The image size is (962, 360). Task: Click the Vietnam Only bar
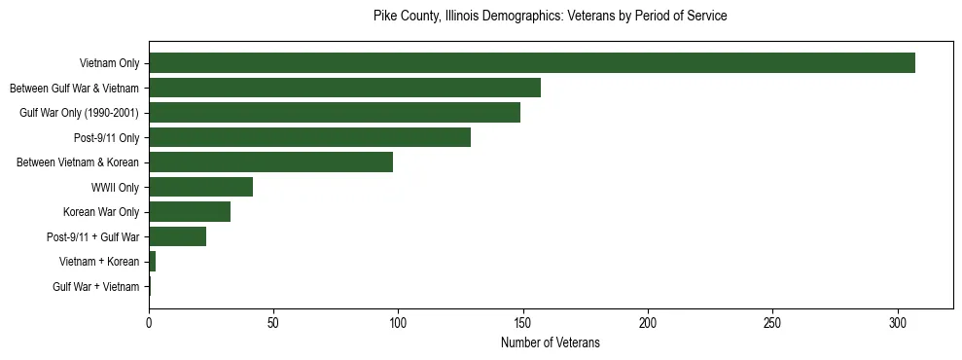tap(532, 63)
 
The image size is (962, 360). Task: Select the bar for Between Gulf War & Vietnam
tap(344, 88)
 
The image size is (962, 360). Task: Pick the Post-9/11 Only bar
tap(309, 137)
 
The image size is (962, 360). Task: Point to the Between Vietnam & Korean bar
tap(270, 162)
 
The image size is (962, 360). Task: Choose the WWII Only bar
tap(200, 187)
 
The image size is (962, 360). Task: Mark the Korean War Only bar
tap(190, 212)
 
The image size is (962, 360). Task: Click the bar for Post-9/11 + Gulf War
tap(177, 236)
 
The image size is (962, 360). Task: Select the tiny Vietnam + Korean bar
tap(152, 262)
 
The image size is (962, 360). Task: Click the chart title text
tap(550, 17)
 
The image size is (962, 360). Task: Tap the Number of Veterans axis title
tap(550, 343)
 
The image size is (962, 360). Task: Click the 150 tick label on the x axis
tap(523, 322)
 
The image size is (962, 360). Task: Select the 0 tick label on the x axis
tap(149, 322)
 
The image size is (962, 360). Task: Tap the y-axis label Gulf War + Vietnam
tap(95, 287)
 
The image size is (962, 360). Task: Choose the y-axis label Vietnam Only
tap(109, 63)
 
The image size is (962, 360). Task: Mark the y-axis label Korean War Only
tap(101, 212)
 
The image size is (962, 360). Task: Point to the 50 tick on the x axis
tap(273, 322)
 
